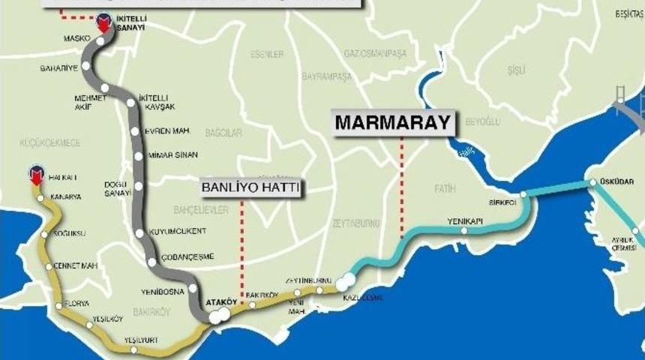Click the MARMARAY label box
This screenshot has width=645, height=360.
tap(394, 122)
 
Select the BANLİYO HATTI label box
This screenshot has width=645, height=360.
tap(250, 188)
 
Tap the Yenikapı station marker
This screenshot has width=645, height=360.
tap(465, 231)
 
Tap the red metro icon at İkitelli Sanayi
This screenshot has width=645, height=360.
tap(103, 25)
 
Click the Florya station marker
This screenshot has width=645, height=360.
tap(58, 305)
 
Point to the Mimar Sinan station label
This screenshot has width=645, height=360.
tap(173, 155)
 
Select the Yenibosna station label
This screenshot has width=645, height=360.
tap(160, 291)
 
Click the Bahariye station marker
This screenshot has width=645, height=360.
tap(86, 66)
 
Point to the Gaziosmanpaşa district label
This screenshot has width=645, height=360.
tap(374, 54)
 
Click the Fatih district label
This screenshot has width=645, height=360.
tap(444, 189)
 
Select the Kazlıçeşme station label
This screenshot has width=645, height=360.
tap(363, 298)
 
